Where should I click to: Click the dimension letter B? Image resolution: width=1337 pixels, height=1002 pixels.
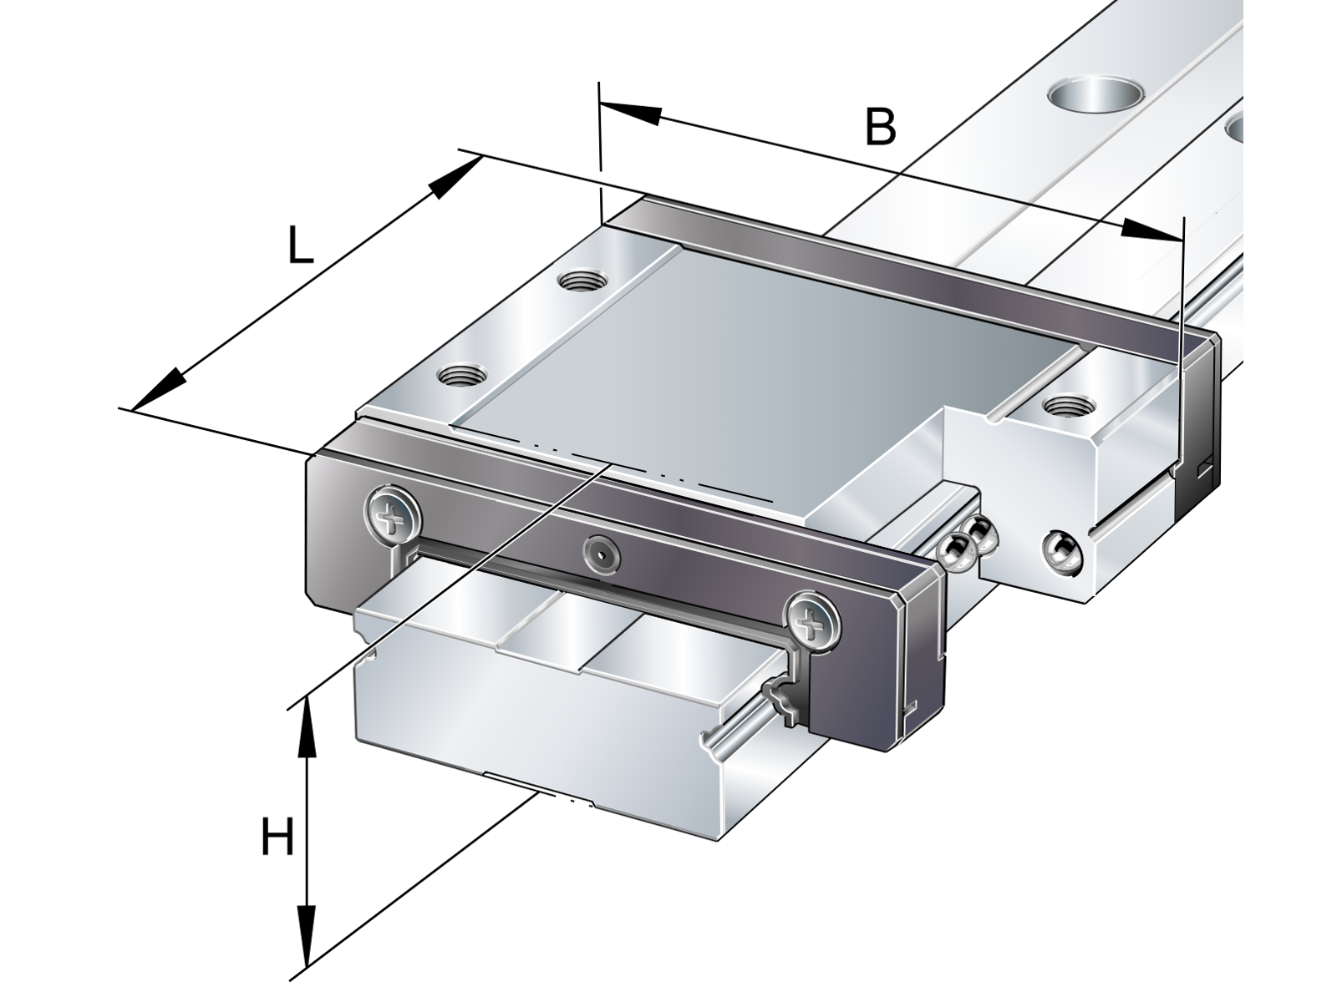pos(880,127)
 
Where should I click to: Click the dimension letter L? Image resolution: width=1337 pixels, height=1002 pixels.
pos(300,245)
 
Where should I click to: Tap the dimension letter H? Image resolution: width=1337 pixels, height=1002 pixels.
pos(277,838)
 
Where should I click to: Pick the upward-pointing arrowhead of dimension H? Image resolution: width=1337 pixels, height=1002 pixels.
pos(307,727)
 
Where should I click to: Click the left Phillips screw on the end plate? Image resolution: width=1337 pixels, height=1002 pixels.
pos(392,521)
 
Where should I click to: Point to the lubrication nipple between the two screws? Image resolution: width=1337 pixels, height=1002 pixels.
pos(602,554)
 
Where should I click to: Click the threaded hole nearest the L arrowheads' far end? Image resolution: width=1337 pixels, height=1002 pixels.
pos(583,281)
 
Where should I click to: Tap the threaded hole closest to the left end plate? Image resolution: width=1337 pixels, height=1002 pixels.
pos(462,373)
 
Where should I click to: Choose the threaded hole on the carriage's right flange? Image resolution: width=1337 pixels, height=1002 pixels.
pos(1069,403)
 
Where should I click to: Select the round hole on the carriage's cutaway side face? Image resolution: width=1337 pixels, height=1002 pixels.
pos(1063,553)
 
